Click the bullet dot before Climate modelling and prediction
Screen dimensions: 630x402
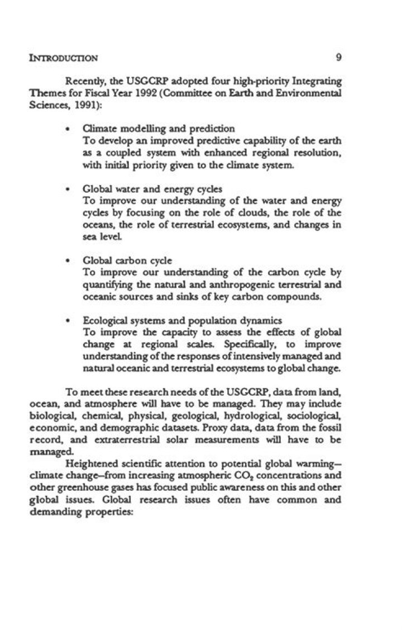[68, 128]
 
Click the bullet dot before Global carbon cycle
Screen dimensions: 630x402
[68, 261]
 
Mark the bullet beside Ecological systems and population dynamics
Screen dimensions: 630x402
[68, 321]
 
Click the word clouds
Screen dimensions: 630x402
[238, 213]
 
